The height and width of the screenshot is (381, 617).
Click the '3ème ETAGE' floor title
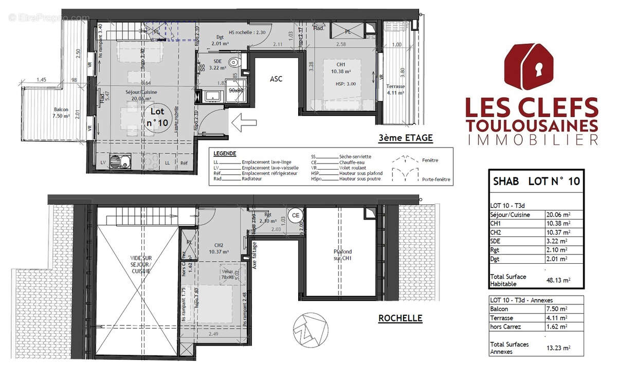pyautogui.click(x=405, y=138)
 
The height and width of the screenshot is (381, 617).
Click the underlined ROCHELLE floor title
pyautogui.click(x=400, y=318)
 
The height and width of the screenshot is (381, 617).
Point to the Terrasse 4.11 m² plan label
pyautogui.click(x=396, y=89)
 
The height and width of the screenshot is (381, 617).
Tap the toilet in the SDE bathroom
pyautogui.click(x=234, y=62)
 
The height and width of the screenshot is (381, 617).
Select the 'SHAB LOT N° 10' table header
pyautogui.click(x=536, y=181)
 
